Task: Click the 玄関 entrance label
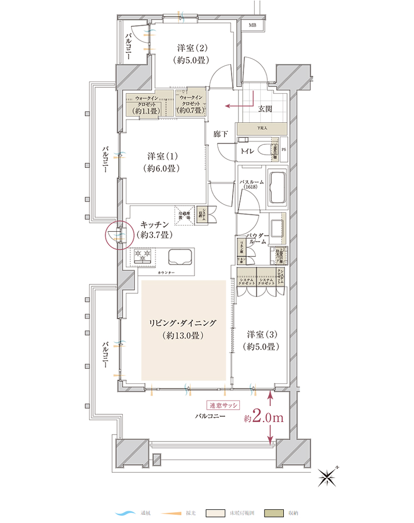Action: pos(265,109)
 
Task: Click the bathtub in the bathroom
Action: pos(277,188)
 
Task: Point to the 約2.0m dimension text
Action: pos(263,418)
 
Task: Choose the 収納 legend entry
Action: pos(282,513)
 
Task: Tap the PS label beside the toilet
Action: pos(284,150)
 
